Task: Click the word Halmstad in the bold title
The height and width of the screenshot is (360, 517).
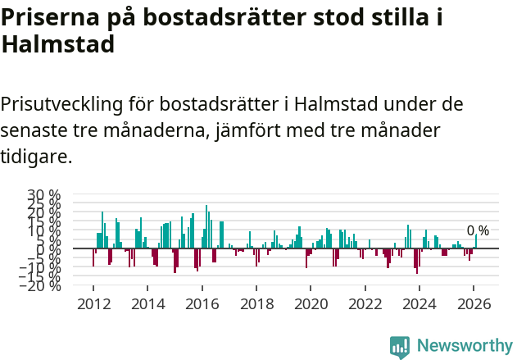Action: point(57,45)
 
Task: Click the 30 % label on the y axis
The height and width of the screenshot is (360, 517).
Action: point(44,195)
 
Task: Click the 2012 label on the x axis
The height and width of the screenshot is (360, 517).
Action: point(93,303)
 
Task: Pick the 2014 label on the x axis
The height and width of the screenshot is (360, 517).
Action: point(147,303)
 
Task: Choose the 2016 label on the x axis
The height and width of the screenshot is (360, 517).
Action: point(202,303)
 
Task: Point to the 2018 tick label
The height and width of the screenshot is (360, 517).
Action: point(256,303)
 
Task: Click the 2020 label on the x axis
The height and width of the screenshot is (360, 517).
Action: point(311,303)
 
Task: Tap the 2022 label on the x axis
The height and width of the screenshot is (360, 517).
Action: point(365,303)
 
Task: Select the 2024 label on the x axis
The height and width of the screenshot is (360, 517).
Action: point(419,303)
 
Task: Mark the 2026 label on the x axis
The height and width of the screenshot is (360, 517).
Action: point(474,303)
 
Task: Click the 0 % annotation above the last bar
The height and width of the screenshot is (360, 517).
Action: point(478,230)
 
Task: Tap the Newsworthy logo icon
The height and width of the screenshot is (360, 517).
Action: point(400,346)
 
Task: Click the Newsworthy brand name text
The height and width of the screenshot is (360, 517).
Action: point(464,346)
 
